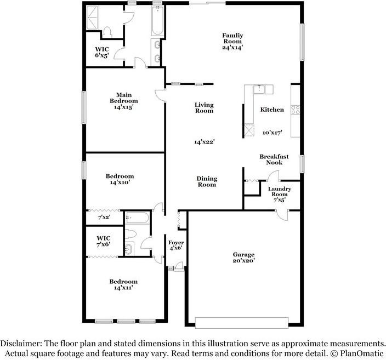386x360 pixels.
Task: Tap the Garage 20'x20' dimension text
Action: (x=243, y=261)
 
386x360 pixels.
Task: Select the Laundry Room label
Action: (x=279, y=192)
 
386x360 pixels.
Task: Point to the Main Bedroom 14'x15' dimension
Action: (x=123, y=107)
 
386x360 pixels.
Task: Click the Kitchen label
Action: (x=272, y=110)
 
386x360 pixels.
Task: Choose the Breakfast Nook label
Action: (x=274, y=159)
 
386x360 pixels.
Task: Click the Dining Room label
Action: (x=207, y=181)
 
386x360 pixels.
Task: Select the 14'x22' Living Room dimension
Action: (x=204, y=141)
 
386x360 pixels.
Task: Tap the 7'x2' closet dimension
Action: (x=104, y=218)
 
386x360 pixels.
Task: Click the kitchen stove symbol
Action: (x=295, y=110)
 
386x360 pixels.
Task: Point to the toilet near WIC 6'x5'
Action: (x=107, y=31)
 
